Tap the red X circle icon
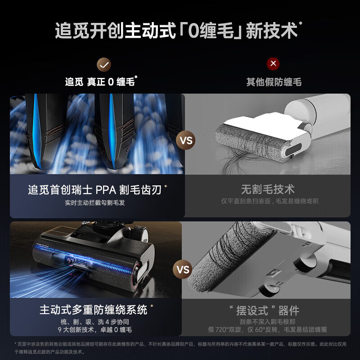(x=273, y=63)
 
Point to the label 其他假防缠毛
(x=274, y=82)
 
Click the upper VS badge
(x=186, y=140)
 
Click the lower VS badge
(x=183, y=270)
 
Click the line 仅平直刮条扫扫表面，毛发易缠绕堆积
(x=270, y=201)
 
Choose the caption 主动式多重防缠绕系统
(x=93, y=310)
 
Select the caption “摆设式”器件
(x=267, y=310)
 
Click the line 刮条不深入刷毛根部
(x=267, y=322)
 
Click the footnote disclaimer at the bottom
(x=180, y=347)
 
